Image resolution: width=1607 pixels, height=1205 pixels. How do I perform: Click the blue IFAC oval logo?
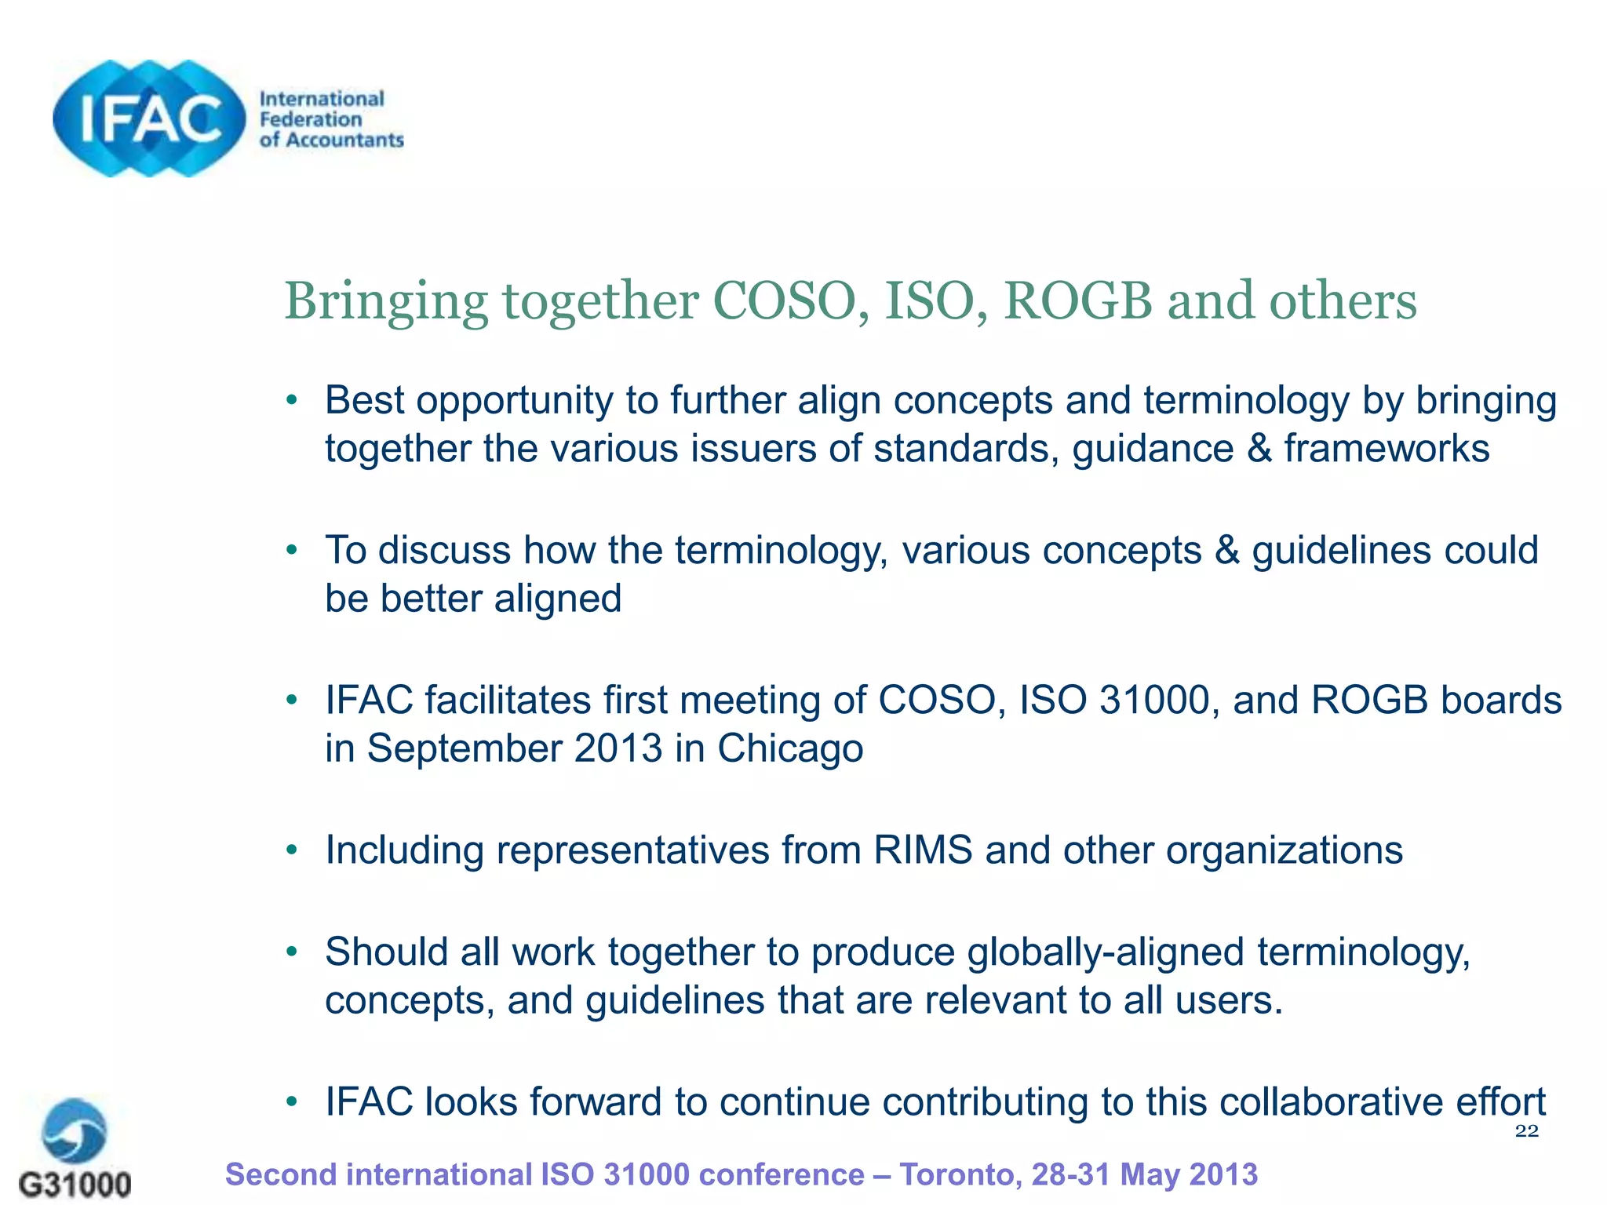click(x=149, y=119)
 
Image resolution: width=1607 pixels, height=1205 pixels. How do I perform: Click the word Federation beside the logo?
click(x=311, y=119)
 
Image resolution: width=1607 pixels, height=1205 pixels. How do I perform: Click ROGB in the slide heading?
click(x=1078, y=301)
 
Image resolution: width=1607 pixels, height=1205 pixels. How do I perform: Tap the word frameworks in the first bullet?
click(x=1387, y=450)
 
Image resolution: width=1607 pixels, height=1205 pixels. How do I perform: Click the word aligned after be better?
click(x=558, y=599)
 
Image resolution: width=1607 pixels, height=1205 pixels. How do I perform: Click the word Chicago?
click(x=790, y=749)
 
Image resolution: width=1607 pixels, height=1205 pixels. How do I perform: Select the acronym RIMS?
click(x=923, y=850)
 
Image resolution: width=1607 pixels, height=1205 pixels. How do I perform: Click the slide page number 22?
click(x=1526, y=1130)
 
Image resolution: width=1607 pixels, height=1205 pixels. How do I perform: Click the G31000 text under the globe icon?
click(x=75, y=1184)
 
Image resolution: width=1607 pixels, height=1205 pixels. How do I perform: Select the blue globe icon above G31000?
click(x=75, y=1130)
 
